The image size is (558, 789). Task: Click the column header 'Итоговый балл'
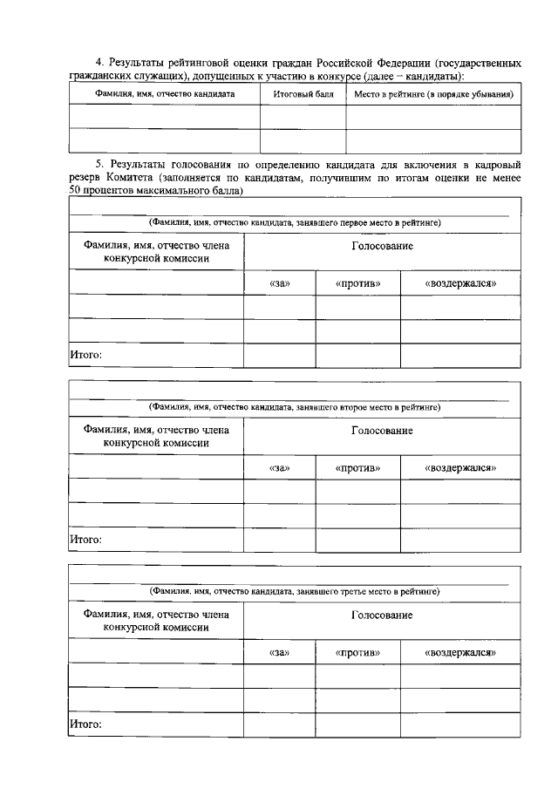(303, 93)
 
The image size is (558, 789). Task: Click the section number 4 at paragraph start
(99, 63)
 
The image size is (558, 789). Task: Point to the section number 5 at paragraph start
(99, 164)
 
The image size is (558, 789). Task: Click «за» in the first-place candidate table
(279, 283)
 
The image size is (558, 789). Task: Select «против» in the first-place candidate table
(357, 283)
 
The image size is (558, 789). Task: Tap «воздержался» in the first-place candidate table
(460, 283)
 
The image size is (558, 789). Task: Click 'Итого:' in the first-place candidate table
(85, 355)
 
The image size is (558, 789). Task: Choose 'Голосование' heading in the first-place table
(382, 247)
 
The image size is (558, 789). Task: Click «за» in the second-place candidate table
(279, 468)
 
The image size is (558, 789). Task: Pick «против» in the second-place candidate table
(357, 468)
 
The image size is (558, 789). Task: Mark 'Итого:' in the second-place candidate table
(85, 540)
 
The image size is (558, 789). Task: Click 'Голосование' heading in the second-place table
(382, 432)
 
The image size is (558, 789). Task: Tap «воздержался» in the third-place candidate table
(460, 652)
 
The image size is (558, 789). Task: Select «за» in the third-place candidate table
(279, 652)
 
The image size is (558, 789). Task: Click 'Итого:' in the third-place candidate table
(85, 724)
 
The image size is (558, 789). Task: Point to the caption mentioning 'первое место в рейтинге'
(294, 223)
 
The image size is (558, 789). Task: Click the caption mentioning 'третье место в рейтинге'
(294, 591)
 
